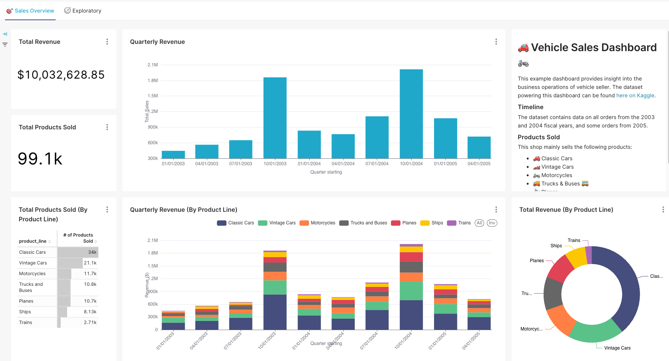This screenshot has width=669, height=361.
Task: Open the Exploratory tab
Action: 83,11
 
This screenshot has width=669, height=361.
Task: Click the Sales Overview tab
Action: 31,11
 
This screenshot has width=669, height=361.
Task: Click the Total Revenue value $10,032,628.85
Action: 61,75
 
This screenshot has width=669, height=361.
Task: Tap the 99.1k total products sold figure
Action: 40,159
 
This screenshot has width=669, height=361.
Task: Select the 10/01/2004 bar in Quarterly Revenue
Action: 411,114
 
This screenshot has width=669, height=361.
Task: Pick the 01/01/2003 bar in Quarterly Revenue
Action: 173,155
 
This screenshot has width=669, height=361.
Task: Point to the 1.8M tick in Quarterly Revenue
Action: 153,81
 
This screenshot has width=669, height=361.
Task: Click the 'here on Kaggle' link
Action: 635,95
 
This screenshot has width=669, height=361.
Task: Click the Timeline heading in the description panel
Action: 530,107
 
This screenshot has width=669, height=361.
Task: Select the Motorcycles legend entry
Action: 318,223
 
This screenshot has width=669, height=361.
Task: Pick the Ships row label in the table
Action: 25,312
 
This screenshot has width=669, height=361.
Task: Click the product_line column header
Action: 33,241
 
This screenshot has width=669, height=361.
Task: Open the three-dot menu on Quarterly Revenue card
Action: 496,42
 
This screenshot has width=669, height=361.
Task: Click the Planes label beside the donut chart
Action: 536,261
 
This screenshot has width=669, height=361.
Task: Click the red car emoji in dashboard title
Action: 523,48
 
